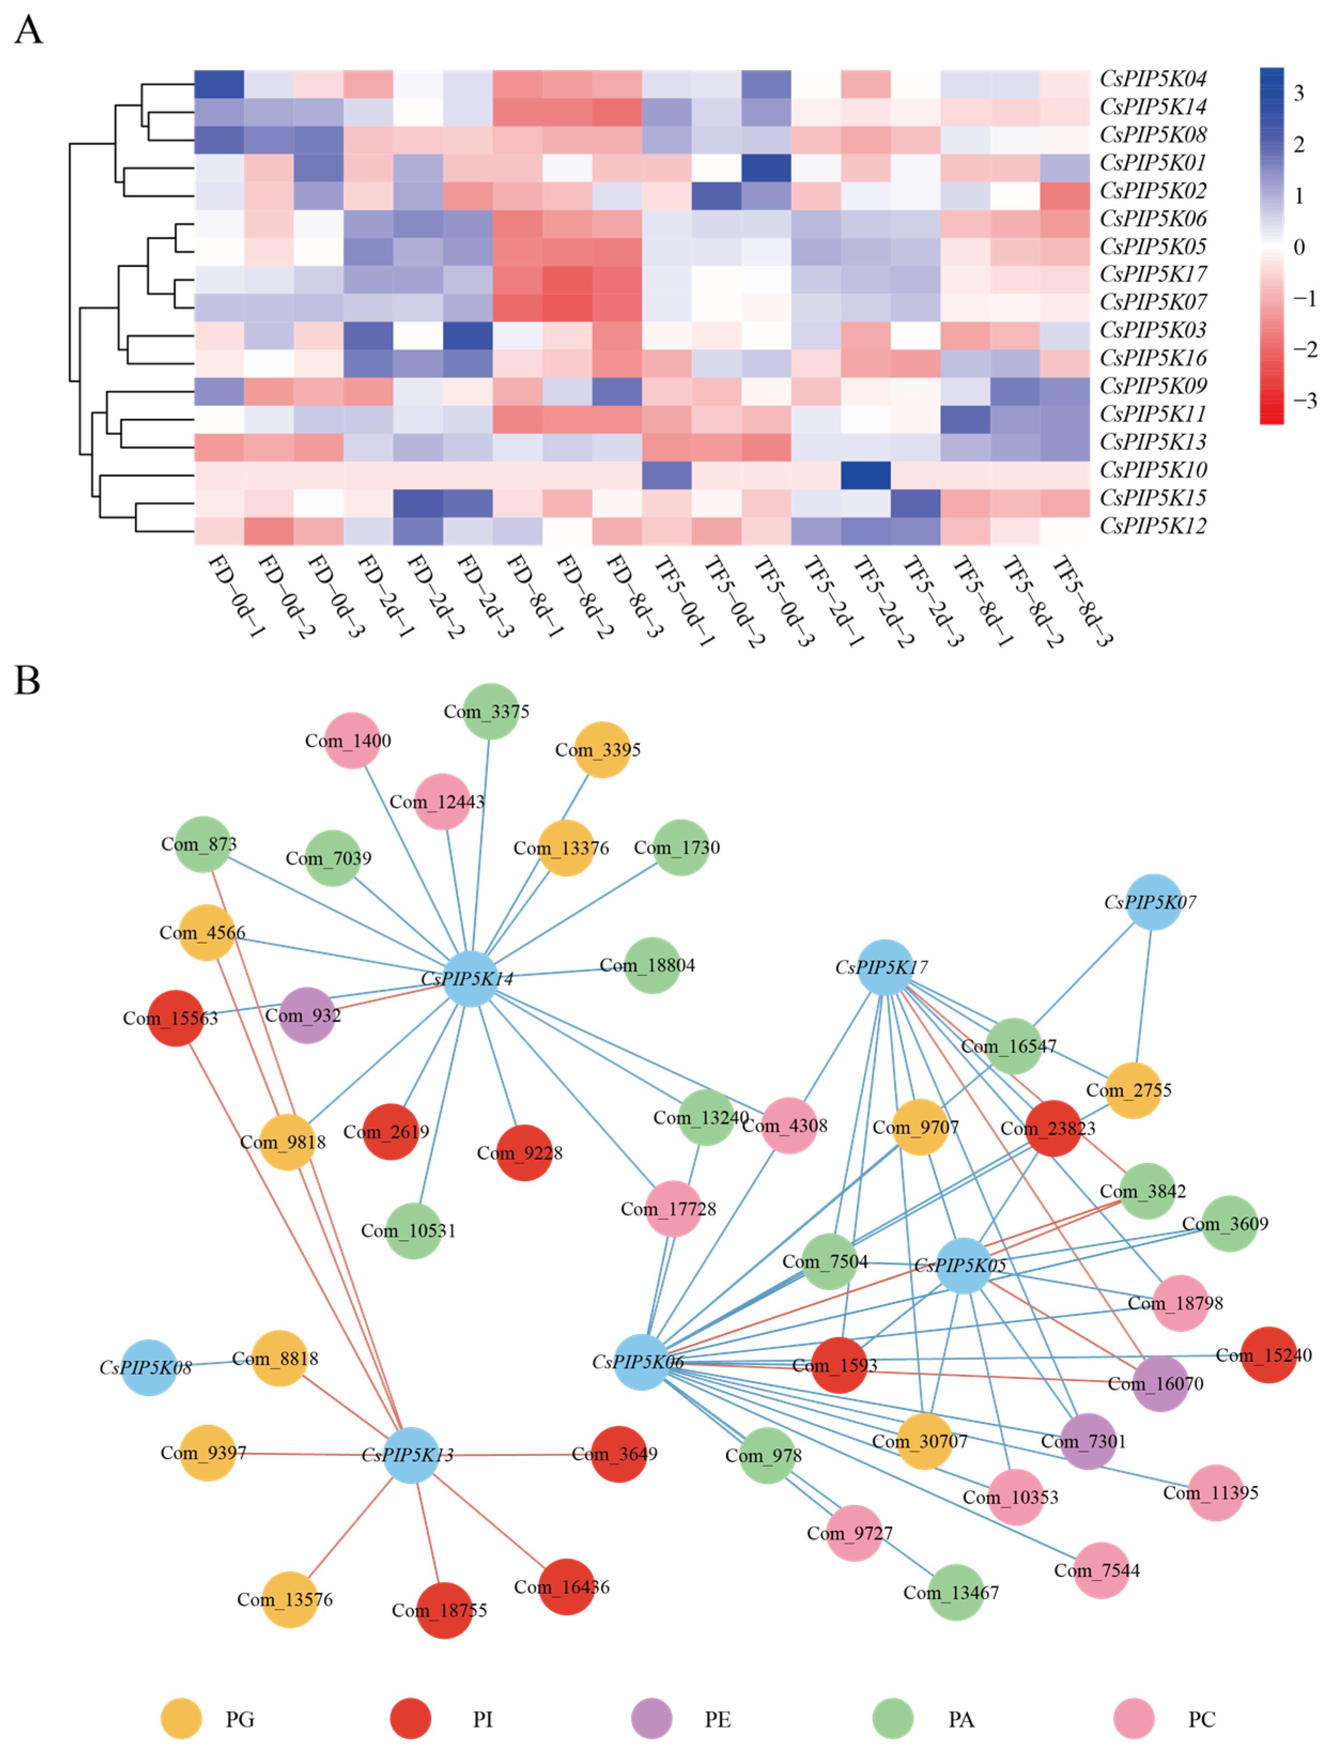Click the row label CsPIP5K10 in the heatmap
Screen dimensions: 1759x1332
click(1152, 470)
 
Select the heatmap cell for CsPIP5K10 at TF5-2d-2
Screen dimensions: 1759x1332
click(865, 476)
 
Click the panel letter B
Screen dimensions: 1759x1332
click(27, 681)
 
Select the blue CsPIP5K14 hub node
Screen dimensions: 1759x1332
click(470, 978)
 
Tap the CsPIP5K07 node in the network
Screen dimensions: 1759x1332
click(1152, 902)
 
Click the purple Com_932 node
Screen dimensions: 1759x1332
click(307, 1016)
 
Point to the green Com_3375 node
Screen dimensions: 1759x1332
click(491, 711)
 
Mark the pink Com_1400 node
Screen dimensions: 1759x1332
click(352, 740)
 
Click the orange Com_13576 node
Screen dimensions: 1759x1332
click(290, 1599)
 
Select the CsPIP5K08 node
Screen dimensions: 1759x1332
click(149, 1368)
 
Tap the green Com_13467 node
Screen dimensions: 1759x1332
click(956, 1592)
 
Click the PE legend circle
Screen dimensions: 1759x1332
click(651, 1718)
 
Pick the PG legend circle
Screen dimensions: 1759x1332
click(181, 1718)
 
